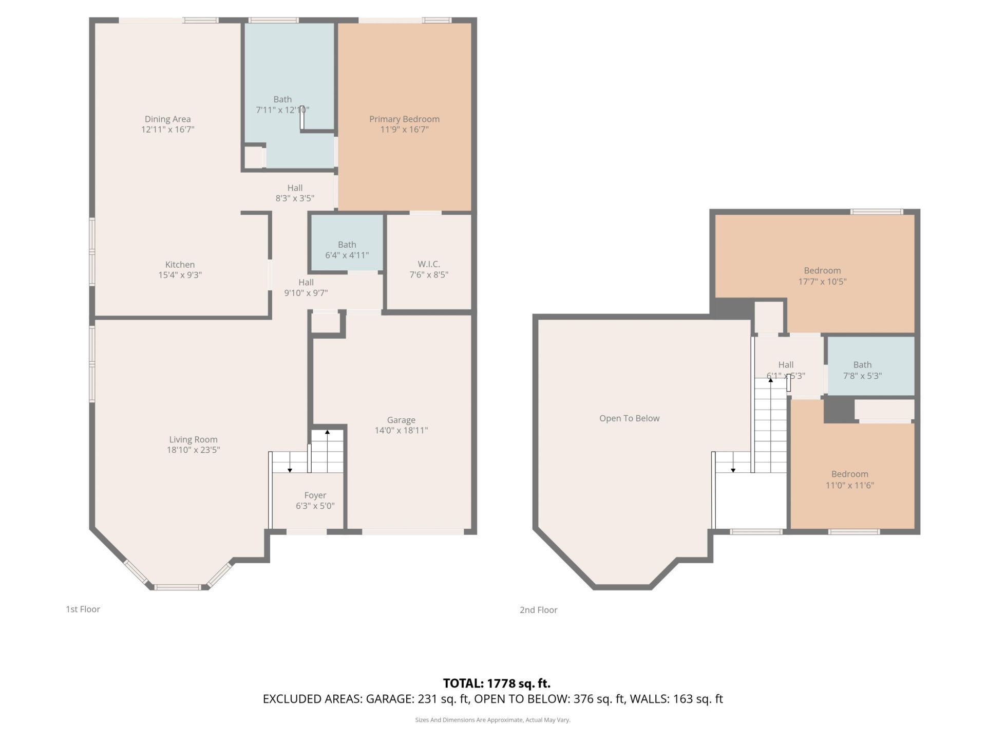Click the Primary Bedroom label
(x=404, y=119)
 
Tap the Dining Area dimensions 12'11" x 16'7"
(x=167, y=129)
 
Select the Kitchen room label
(x=180, y=265)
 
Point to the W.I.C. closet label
(x=428, y=264)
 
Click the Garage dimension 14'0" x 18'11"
(x=401, y=431)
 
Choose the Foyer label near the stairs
(x=315, y=495)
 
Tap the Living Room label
(x=193, y=439)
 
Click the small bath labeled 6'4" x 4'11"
(x=347, y=250)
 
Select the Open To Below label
(x=629, y=418)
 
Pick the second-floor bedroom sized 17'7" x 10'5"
(x=822, y=276)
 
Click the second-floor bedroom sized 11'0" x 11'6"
(x=849, y=479)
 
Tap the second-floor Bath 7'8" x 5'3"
(x=862, y=370)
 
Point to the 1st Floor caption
(x=83, y=609)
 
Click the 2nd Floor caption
(x=538, y=610)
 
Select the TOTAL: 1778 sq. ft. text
(x=496, y=683)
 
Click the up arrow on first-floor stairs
(x=327, y=433)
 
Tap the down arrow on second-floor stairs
(x=733, y=470)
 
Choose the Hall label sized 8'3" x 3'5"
(x=295, y=193)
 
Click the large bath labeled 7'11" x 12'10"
(x=282, y=104)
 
